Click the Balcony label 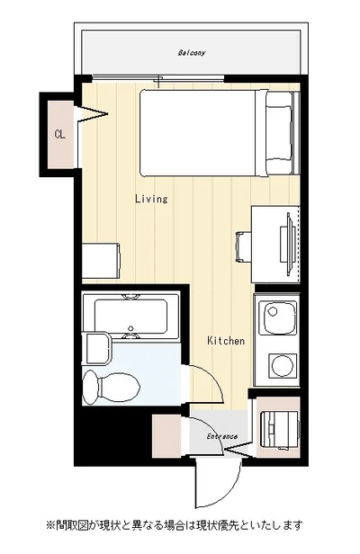pyautogui.click(x=192, y=53)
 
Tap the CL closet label pyautogui.click(x=60, y=134)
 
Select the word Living pyautogui.click(x=151, y=199)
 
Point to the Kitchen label pyautogui.click(x=226, y=341)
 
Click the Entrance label pyautogui.click(x=222, y=437)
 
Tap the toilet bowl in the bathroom pyautogui.click(x=111, y=386)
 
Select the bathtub pyautogui.click(x=131, y=316)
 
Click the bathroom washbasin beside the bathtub pyautogui.click(x=94, y=348)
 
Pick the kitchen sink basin pyautogui.click(x=277, y=317)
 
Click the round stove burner pyautogui.click(x=282, y=365)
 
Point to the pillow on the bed pyautogui.click(x=279, y=133)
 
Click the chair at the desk pyautogui.click(x=244, y=247)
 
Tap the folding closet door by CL pyautogui.click(x=91, y=113)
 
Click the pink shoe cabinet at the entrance pyautogui.click(x=166, y=436)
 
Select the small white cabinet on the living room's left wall pyautogui.click(x=101, y=261)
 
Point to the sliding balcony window pyautogui.click(x=158, y=79)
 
